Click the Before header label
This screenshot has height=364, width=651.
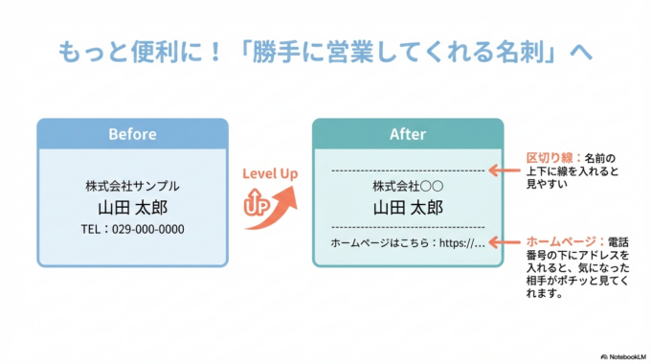(132, 133)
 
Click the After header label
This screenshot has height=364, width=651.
(408, 133)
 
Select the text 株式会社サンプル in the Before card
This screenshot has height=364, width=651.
(132, 186)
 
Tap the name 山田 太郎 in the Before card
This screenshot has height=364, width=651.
(132, 207)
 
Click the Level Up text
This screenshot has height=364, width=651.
(269, 173)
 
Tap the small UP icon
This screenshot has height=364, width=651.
(255, 206)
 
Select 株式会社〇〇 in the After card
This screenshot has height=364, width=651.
(408, 185)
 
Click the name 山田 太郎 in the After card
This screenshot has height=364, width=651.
(408, 207)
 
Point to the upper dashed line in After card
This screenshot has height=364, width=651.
(408, 171)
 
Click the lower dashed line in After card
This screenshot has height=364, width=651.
(408, 226)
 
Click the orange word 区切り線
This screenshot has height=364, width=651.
(549, 157)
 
